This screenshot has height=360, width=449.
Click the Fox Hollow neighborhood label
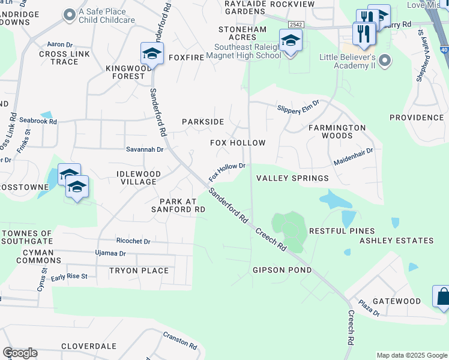237,143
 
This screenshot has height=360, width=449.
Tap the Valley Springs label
292,178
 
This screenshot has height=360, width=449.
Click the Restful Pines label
342,231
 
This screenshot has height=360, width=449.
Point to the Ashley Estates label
396,241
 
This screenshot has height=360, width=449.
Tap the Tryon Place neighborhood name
139,271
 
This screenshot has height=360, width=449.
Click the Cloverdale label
88,347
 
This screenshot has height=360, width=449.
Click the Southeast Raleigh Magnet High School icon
291,41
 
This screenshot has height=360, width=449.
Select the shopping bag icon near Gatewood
443,296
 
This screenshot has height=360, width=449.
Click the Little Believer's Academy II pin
385,61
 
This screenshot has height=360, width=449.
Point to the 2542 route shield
294,24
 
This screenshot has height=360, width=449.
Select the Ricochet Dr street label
133,241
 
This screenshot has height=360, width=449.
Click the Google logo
20,353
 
